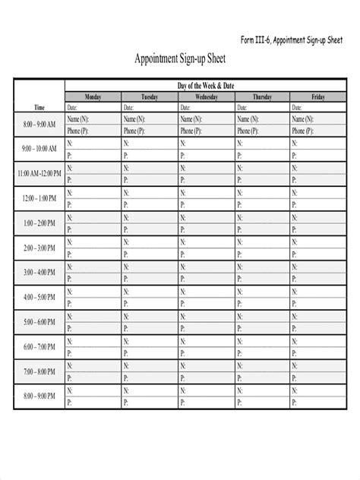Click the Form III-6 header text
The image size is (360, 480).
pyautogui.click(x=292, y=40)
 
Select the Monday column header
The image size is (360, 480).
pyautogui.click(x=93, y=97)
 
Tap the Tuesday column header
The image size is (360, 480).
pyautogui.click(x=150, y=97)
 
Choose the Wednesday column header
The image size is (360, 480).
pyautogui.click(x=206, y=97)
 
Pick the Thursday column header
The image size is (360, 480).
pyautogui.click(x=262, y=97)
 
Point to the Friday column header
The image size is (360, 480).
pyautogui.click(x=318, y=97)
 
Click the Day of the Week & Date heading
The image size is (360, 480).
pyautogui.click(x=206, y=87)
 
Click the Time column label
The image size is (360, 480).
pyautogui.click(x=39, y=107)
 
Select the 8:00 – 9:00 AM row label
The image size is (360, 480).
pyautogui.click(x=39, y=124)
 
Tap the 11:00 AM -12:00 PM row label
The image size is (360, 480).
pyautogui.click(x=39, y=174)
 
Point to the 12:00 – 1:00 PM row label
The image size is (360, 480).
pyautogui.click(x=39, y=198)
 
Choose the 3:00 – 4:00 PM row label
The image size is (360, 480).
pyautogui.click(x=39, y=272)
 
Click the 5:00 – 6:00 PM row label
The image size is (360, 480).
pyautogui.click(x=39, y=322)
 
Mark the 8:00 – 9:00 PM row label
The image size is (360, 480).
pyautogui.click(x=39, y=396)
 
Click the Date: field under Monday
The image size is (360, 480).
pyautogui.click(x=93, y=107)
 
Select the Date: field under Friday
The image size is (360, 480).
pyautogui.click(x=318, y=107)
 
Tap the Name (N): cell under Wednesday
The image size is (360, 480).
pyautogui.click(x=206, y=119)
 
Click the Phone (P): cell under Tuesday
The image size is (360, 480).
pyautogui.click(x=150, y=131)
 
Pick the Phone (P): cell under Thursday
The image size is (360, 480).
pyautogui.click(x=262, y=131)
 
